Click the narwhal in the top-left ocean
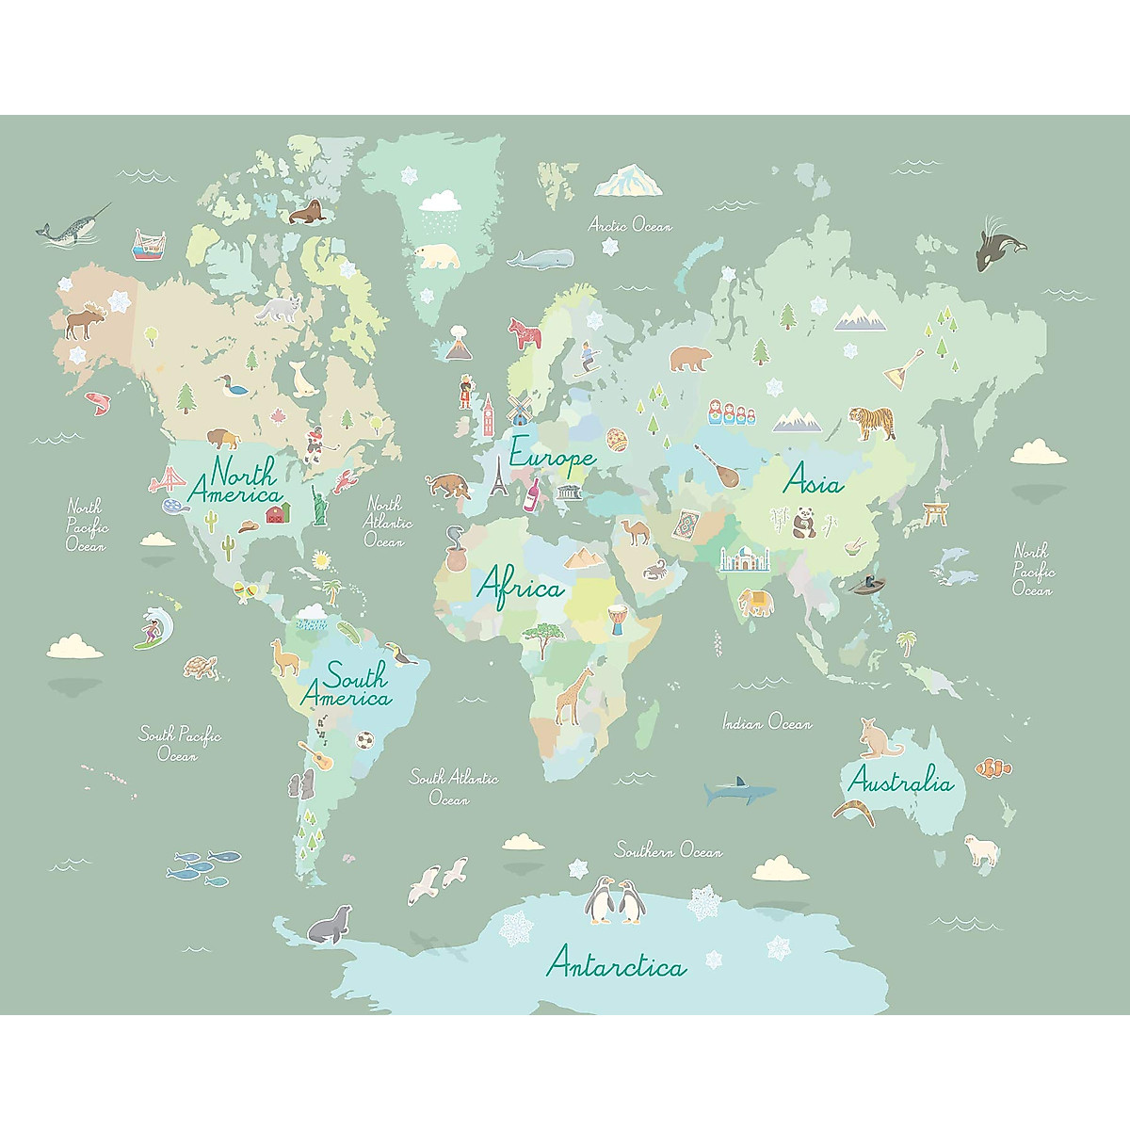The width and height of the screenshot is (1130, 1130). (x=68, y=228)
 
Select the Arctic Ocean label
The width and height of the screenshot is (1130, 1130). (x=630, y=225)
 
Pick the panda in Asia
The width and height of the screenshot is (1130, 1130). (x=803, y=523)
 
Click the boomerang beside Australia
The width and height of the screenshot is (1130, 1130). (x=854, y=811)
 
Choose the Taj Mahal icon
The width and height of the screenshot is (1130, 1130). (x=745, y=559)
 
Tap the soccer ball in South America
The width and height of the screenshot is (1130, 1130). (x=363, y=740)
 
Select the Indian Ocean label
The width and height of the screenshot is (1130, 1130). (x=767, y=723)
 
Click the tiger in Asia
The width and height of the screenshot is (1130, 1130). (x=872, y=422)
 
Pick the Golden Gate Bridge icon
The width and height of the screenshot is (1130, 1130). (x=171, y=481)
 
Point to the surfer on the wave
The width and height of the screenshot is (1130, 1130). (x=153, y=628)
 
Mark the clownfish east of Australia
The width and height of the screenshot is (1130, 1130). (x=993, y=767)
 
